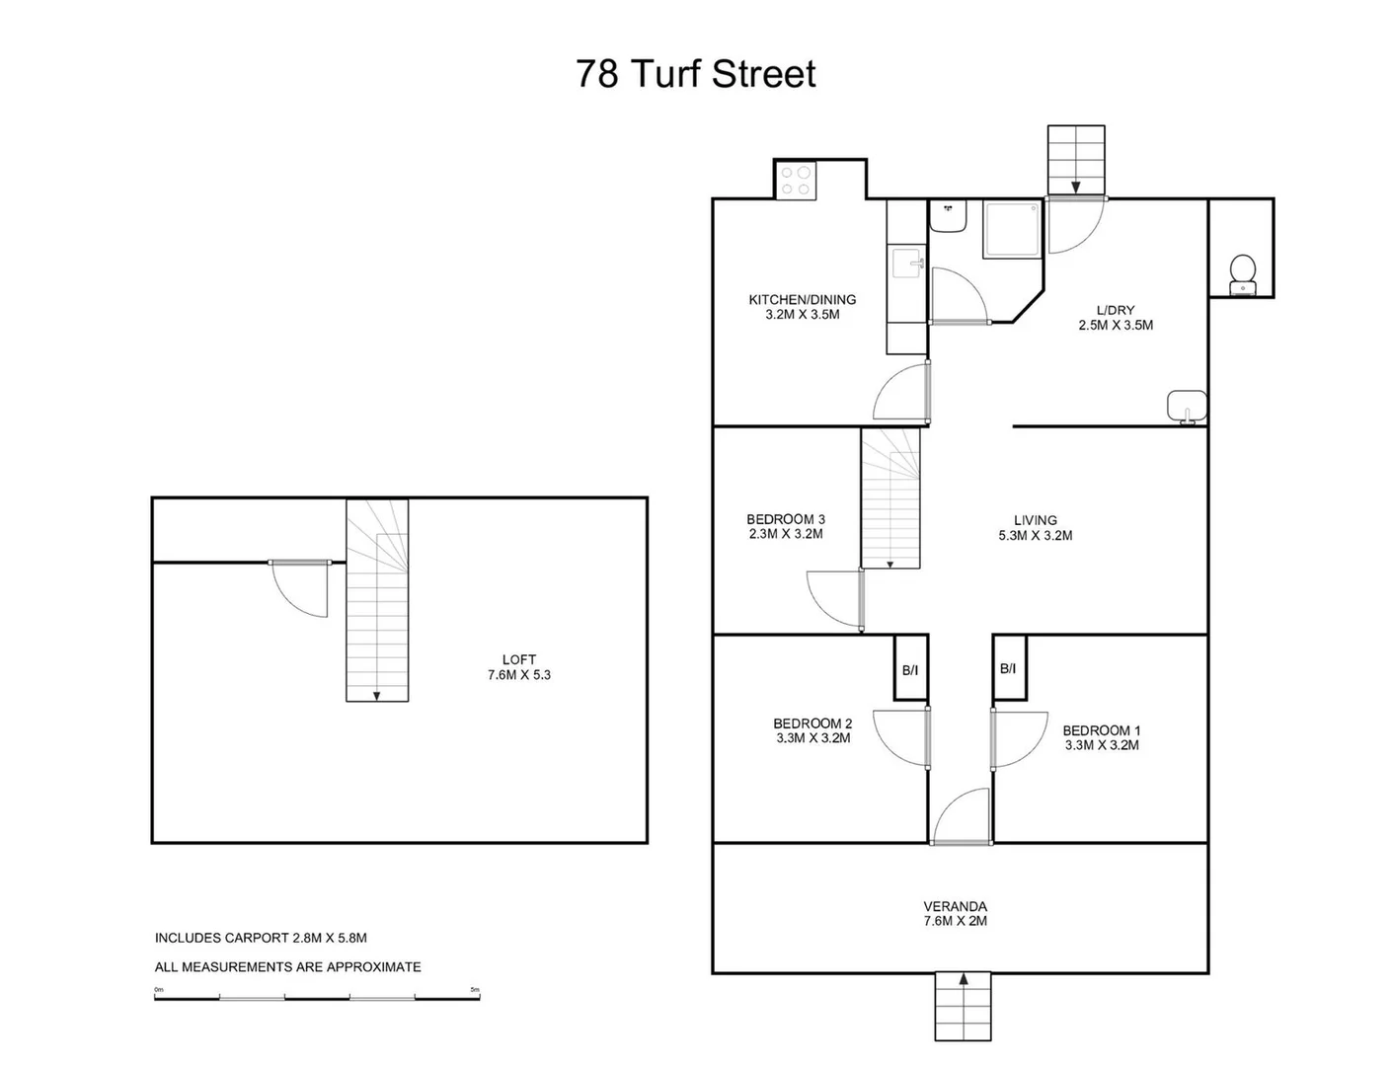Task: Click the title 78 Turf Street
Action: (696, 74)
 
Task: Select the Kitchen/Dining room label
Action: (802, 300)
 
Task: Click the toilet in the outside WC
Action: (1242, 271)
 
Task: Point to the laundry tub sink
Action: (1187, 406)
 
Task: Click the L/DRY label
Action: (1115, 310)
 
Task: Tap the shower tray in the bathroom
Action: (1011, 230)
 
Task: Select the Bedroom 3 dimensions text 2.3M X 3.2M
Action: (785, 534)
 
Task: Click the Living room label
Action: (1035, 520)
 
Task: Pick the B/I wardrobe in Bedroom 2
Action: (910, 668)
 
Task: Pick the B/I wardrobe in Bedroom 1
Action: (1008, 668)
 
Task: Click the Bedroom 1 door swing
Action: (1021, 738)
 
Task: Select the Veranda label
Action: (955, 906)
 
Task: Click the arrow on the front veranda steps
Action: (963, 980)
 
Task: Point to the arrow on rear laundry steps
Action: (1075, 186)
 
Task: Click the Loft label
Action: (518, 659)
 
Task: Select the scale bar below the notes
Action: (316, 996)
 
